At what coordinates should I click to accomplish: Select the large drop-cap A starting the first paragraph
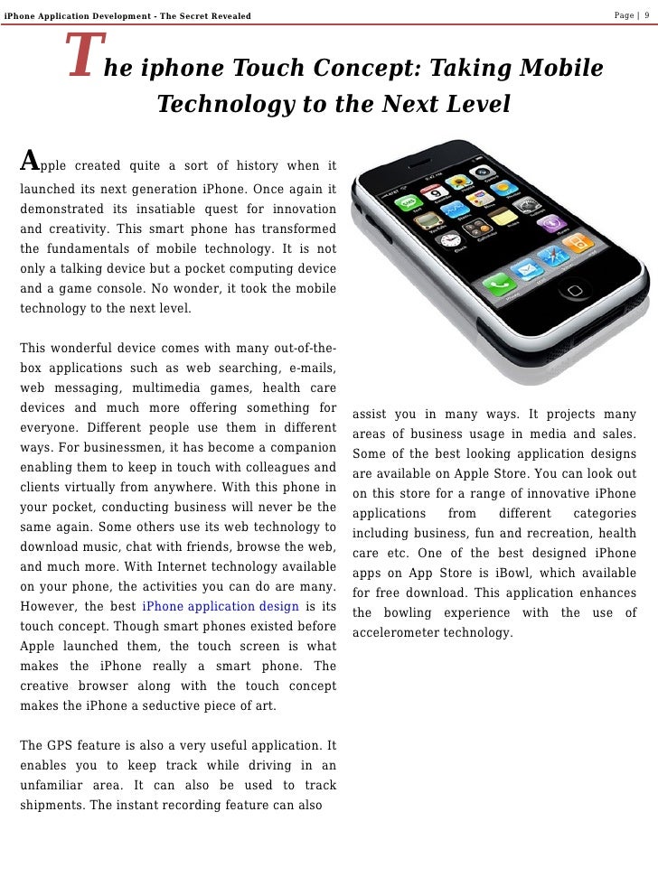pyautogui.click(x=30, y=161)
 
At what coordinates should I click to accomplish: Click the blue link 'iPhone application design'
pyautogui.click(x=221, y=605)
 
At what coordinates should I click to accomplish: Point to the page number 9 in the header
pyautogui.click(x=647, y=14)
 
